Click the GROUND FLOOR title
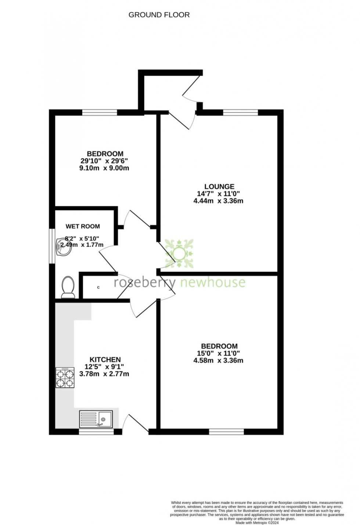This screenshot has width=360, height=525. [x=159, y=15]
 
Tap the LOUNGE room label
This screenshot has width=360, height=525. [x=219, y=186]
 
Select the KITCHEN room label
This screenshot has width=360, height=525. [x=105, y=360]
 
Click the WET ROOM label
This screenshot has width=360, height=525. [x=83, y=226]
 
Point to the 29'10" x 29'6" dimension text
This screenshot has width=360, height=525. [x=105, y=161]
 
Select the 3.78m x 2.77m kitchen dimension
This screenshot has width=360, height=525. [x=104, y=374]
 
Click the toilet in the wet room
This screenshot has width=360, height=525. [x=68, y=287]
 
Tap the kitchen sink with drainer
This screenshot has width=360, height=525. [x=96, y=419]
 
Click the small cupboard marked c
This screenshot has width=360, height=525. [x=98, y=287]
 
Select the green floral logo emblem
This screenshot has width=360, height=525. [x=180, y=253]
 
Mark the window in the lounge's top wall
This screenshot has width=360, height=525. [x=241, y=112]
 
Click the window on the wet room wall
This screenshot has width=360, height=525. [x=52, y=246]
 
